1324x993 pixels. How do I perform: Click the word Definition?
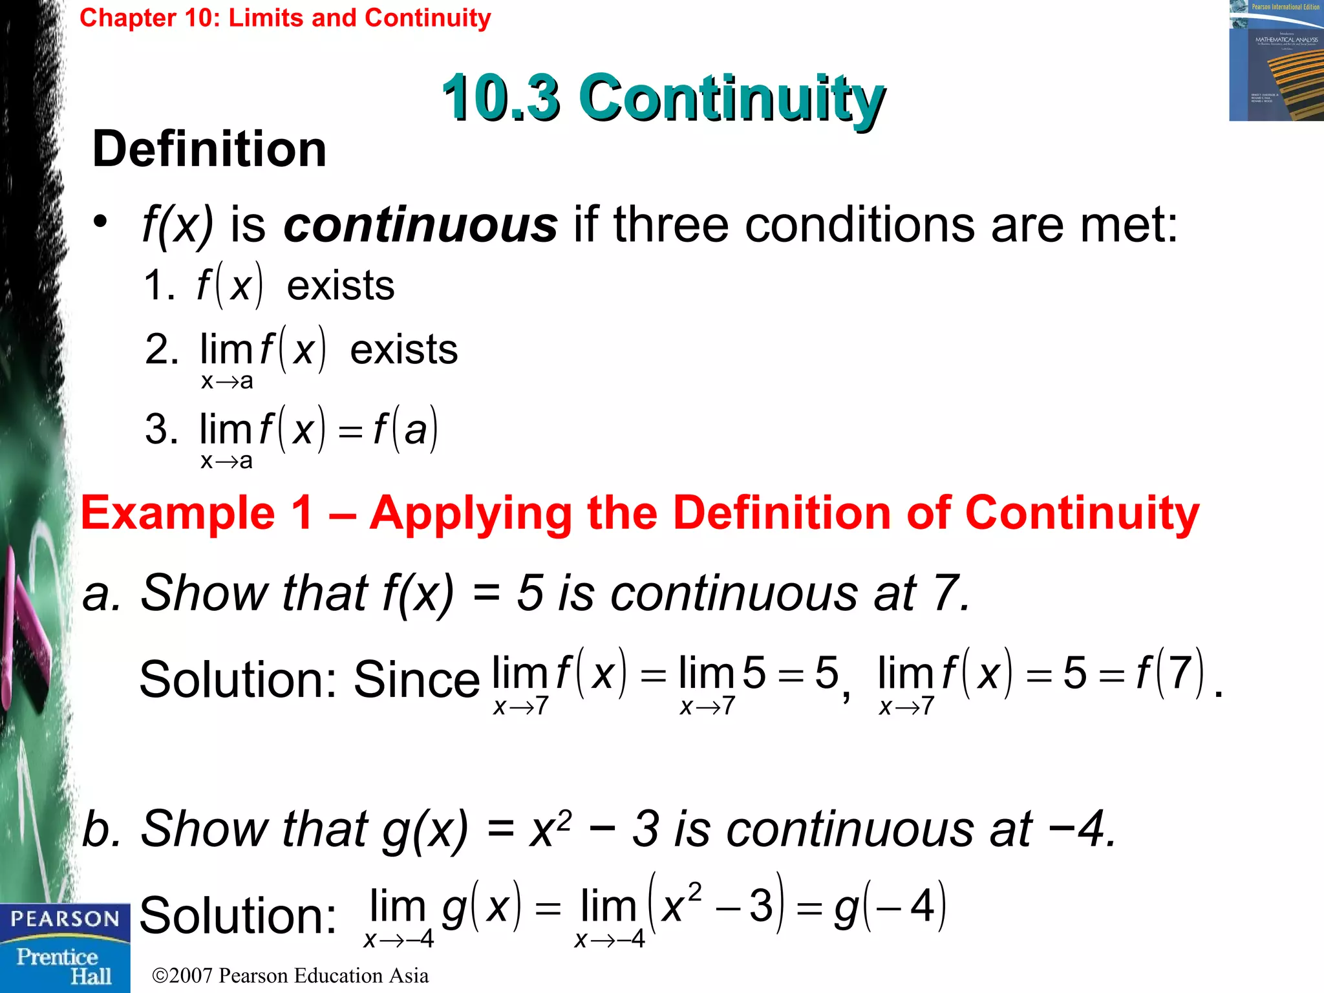point(209,149)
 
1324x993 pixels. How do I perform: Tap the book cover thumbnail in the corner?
point(1276,61)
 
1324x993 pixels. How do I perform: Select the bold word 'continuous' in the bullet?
point(420,225)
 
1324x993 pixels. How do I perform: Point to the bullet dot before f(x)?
point(100,222)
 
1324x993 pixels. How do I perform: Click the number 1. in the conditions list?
point(159,285)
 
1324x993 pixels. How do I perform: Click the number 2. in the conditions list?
point(162,350)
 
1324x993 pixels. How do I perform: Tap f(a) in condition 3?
point(405,429)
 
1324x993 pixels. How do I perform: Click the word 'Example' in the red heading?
point(178,513)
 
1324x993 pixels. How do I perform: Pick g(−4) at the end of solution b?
point(890,906)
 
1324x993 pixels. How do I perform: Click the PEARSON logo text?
point(65,919)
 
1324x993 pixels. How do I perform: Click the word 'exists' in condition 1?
point(340,285)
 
